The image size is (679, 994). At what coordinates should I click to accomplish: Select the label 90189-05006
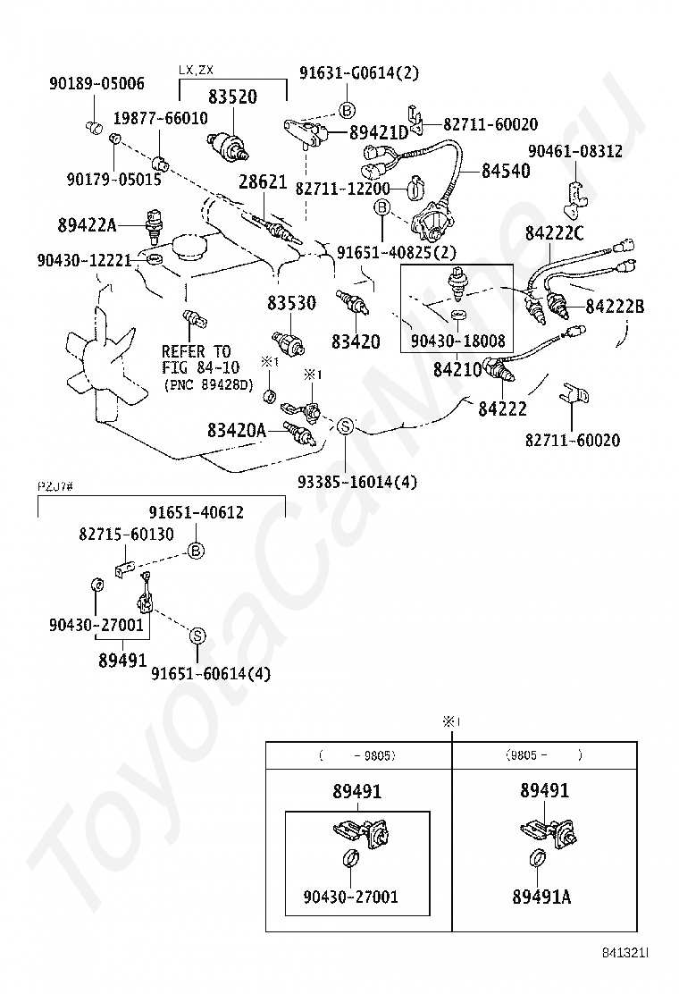tap(96, 84)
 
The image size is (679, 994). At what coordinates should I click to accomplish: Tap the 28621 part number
tap(262, 182)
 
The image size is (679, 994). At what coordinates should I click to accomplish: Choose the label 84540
tap(505, 171)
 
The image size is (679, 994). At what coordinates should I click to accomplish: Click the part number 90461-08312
tap(574, 151)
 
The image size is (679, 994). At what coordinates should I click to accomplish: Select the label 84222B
tap(615, 307)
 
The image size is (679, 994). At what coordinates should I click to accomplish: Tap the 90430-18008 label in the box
tap(458, 341)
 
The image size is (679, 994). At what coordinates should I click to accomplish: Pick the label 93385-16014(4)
tap(356, 483)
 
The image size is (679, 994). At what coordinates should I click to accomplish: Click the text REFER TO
tap(197, 351)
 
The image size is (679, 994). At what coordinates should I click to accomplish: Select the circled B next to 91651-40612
tap(196, 552)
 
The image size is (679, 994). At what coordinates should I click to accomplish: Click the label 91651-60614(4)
tap(210, 674)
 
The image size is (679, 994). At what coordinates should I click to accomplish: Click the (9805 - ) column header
tap(544, 755)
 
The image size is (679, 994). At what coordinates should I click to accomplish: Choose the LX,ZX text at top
tap(196, 69)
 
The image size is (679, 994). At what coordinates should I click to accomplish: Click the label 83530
tap(290, 303)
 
